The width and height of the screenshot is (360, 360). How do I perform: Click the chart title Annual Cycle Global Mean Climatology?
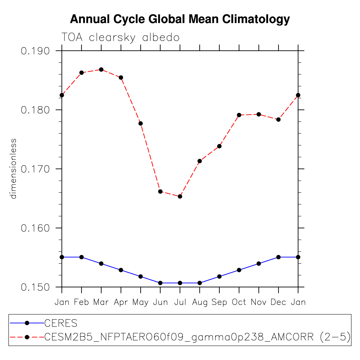(180, 19)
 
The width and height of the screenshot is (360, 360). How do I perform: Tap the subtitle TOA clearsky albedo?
(121, 37)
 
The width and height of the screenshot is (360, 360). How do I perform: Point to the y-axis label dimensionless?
(13, 169)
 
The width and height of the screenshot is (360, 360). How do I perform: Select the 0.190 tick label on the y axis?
(35, 51)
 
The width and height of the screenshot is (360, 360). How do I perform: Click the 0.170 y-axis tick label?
(35, 169)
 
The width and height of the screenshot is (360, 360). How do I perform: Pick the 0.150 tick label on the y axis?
(35, 287)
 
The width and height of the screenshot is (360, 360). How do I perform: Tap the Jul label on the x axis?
(180, 302)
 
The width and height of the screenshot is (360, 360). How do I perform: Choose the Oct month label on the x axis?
(239, 302)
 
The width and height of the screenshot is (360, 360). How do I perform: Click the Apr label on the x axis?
(121, 302)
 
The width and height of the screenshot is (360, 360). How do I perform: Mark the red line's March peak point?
(101, 69)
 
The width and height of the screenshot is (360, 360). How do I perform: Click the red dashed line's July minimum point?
(180, 196)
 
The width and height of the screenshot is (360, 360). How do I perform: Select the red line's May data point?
(141, 123)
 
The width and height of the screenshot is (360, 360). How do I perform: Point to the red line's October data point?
(239, 115)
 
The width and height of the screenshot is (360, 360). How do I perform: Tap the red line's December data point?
(278, 120)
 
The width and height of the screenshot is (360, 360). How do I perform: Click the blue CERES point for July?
(180, 283)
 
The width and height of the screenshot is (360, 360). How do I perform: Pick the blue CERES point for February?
(82, 257)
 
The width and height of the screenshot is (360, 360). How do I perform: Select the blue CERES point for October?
(239, 270)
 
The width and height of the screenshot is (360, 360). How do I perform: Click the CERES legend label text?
(61, 323)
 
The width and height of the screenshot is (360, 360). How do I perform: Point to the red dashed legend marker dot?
(27, 337)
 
